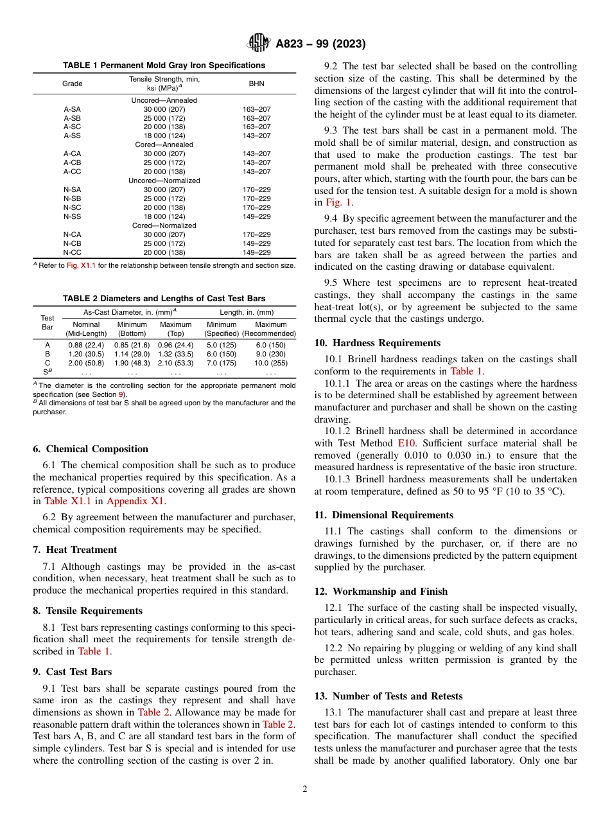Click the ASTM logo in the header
tap(259, 44)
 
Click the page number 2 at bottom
tap(305, 789)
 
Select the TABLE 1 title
tap(164, 66)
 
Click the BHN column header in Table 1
tap(256, 83)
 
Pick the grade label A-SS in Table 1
tap(72, 136)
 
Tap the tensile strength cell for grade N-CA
tap(164, 235)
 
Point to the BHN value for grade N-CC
tap(256, 253)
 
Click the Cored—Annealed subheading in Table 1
tap(164, 145)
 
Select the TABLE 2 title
tap(164, 299)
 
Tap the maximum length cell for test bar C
tap(270, 364)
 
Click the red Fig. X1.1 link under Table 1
tap(81, 266)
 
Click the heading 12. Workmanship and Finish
tap(381, 592)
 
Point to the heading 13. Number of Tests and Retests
tap(388, 696)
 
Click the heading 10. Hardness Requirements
tap(377, 343)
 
